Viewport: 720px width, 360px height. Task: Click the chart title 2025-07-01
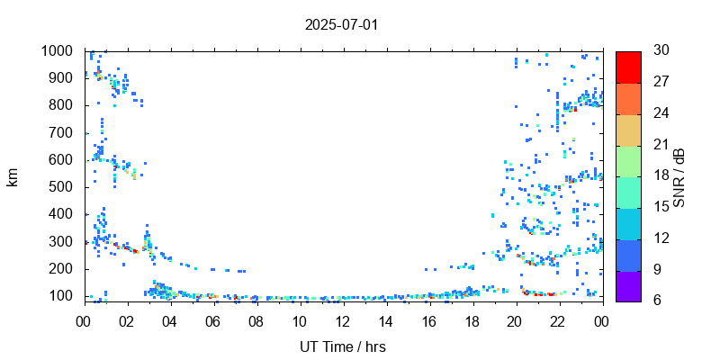[x=342, y=24]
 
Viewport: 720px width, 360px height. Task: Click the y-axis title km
[x=13, y=176]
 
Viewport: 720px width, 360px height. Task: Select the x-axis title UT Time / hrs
[x=343, y=346]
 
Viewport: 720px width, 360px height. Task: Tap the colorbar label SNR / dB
[x=679, y=176]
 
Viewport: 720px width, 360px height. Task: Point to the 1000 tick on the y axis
[x=58, y=51]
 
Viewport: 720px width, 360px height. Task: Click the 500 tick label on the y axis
[x=62, y=187]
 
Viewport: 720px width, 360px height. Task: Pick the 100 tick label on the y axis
[x=62, y=296]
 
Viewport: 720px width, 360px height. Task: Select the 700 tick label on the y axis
[x=62, y=133]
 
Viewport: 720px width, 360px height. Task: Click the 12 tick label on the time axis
[x=343, y=321]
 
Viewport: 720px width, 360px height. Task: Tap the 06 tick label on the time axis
[x=213, y=321]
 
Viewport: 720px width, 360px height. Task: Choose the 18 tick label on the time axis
[x=472, y=321]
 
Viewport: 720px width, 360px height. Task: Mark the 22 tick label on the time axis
[x=558, y=321]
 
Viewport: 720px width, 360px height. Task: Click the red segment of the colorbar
[x=628, y=67]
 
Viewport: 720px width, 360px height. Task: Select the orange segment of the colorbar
[x=628, y=98]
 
